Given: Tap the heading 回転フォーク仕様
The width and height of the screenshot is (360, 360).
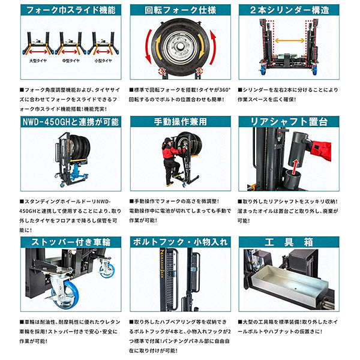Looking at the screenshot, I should point(181,10).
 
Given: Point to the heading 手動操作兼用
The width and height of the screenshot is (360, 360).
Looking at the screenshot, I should point(181,122).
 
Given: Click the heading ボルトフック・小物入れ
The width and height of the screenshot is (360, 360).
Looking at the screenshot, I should point(181,242).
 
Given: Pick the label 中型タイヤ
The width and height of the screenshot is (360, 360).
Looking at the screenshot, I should point(71,61).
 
